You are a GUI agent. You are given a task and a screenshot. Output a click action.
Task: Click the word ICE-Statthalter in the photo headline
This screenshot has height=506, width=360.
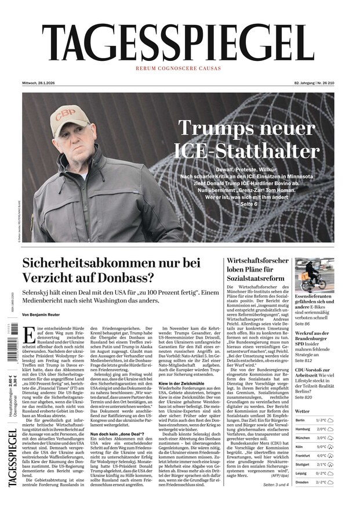[x=249, y=151]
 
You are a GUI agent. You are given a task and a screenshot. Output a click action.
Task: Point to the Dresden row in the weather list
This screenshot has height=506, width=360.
[x=313, y=482]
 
